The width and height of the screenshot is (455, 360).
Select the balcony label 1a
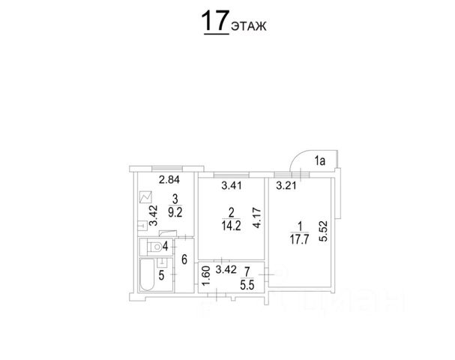point(320,159)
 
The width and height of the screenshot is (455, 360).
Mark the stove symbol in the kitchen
point(145,199)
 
